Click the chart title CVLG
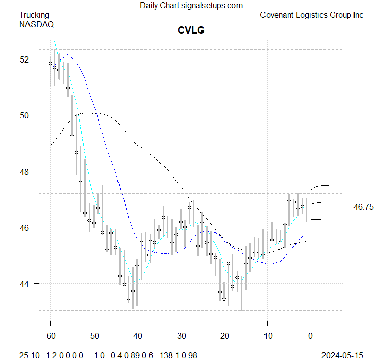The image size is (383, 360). pos(191,30)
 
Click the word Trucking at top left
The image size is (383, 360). pos(35,15)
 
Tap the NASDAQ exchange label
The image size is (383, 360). pos(37,24)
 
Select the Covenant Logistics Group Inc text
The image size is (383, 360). pos(311,15)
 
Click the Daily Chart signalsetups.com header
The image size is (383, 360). pos(191,6)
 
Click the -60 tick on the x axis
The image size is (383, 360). pos(50,336)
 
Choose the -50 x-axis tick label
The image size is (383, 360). pos(94,336)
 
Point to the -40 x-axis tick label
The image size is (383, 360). pos(137,336)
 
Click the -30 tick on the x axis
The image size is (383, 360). pos(181,336)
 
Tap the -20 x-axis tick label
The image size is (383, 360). pos(224,336)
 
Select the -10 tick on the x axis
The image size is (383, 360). pos(267,336)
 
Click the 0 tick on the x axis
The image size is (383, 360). pos(311,336)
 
